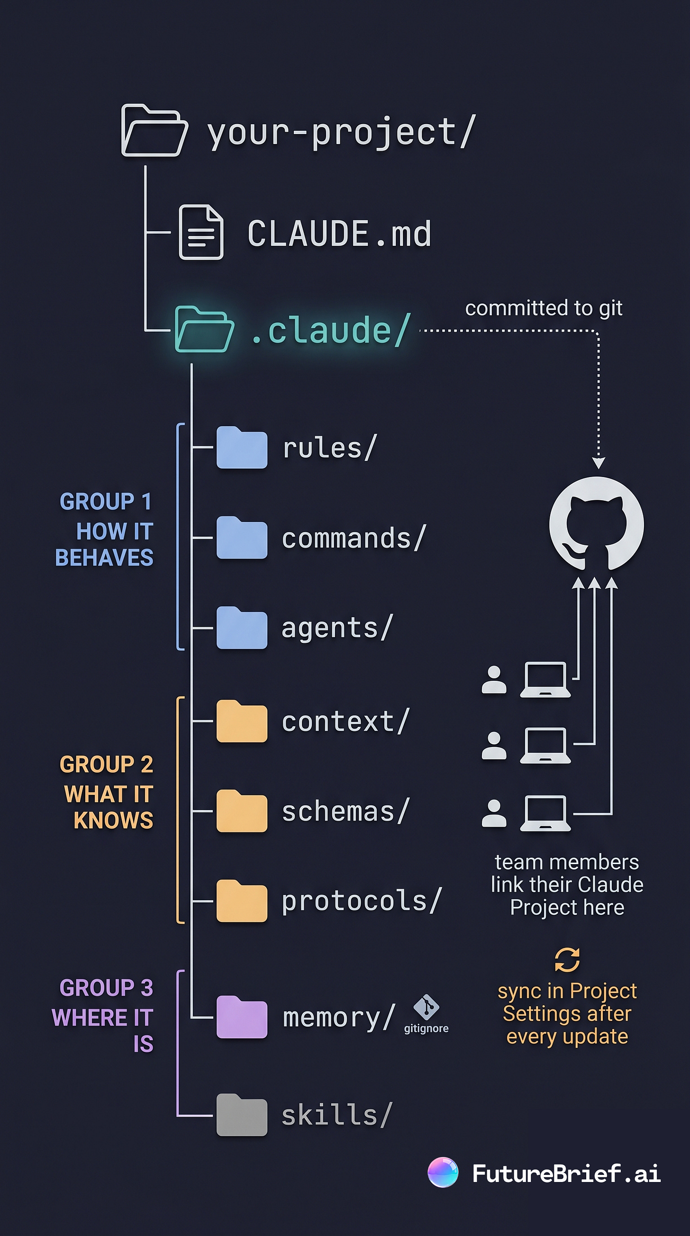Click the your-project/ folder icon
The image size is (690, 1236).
tap(154, 130)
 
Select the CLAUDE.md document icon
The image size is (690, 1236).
tap(201, 232)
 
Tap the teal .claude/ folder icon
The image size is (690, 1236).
tap(204, 330)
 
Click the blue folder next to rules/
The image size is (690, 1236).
tap(241, 447)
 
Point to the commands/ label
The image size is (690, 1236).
tap(354, 538)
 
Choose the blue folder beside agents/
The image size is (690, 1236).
tap(241, 628)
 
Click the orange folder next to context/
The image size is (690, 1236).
tap(241, 721)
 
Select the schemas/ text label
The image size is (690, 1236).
tap(345, 812)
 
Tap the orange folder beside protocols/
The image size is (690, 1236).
tap(241, 901)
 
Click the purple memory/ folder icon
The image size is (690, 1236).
tap(241, 1017)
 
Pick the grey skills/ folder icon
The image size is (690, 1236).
tap(241, 1115)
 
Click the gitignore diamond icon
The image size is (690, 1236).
tap(426, 1007)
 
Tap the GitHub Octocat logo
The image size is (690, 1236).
tap(596, 524)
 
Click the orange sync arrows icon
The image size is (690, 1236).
tap(567, 960)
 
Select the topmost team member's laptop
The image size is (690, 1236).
tap(545, 679)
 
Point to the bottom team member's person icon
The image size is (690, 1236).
tap(494, 813)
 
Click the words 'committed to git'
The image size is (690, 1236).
tap(544, 308)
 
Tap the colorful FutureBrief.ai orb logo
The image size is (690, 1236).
tap(443, 1173)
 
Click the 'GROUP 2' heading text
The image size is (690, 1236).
tap(106, 764)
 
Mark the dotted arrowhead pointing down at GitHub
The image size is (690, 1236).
tap(599, 463)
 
